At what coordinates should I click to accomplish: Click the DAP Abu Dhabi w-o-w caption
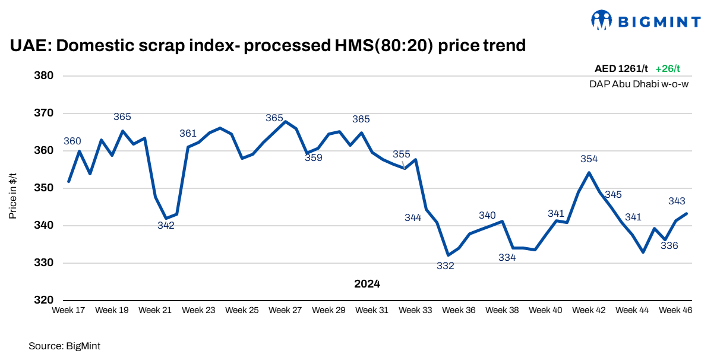pos(639,84)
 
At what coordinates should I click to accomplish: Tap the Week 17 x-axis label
pos(68,310)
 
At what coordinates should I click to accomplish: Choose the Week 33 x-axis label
pos(415,310)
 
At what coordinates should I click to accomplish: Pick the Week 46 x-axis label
pos(675,310)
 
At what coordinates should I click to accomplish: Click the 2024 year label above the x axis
pos(367,284)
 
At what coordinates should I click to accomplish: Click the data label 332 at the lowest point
pos(445,266)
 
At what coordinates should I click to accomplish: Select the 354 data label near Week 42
pos(589,159)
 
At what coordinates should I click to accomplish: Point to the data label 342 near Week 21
pos(166,225)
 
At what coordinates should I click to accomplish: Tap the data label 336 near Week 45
pos(669,246)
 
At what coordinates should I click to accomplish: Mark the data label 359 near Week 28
pos(313,158)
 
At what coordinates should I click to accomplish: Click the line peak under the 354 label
pos(589,173)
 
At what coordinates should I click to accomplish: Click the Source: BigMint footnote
pos(61,345)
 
